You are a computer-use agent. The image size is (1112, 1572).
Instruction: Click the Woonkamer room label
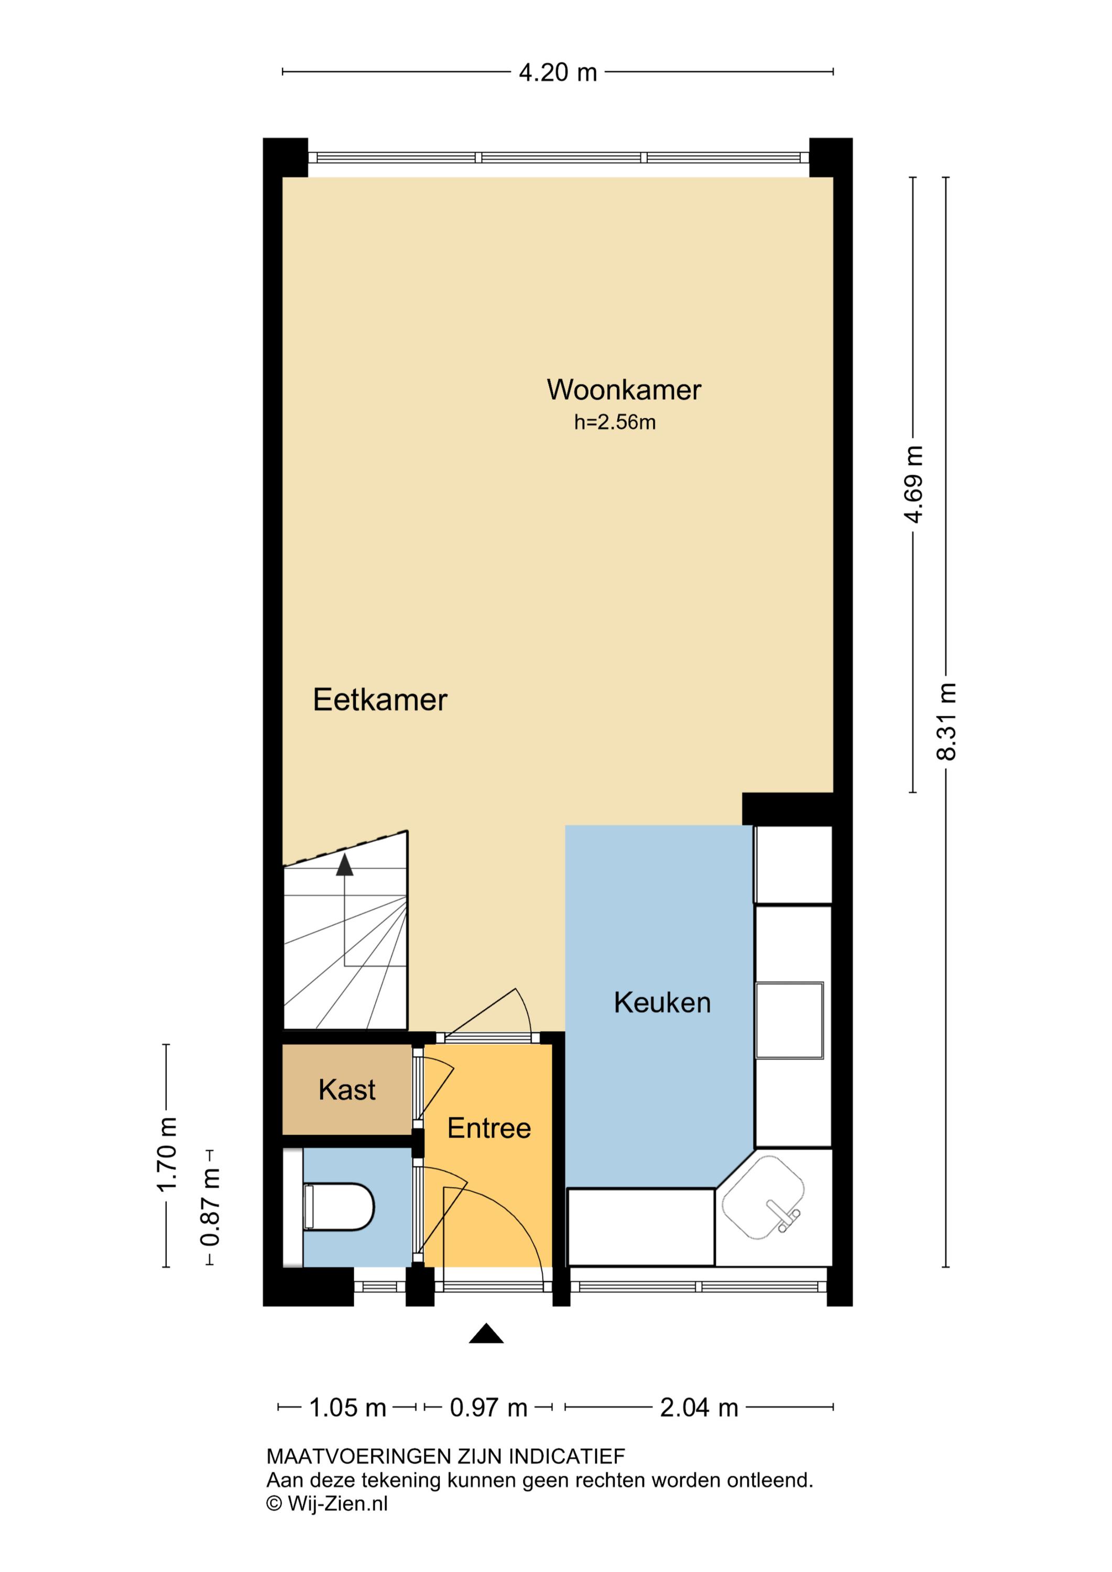[x=624, y=390]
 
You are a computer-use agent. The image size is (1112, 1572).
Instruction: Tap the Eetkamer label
[x=380, y=701]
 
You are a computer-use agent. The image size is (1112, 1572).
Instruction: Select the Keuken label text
[x=662, y=1003]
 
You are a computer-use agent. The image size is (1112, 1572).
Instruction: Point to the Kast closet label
[x=347, y=1090]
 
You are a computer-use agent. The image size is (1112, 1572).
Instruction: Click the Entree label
[x=489, y=1128]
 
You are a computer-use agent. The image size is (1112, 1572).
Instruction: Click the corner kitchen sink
[x=764, y=1199]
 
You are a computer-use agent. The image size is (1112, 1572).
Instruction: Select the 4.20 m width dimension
[x=558, y=72]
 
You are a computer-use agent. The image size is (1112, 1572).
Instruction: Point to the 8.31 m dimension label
[x=946, y=722]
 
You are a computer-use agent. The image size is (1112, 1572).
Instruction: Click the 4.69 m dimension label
[x=913, y=484]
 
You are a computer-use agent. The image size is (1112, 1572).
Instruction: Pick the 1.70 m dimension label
[x=167, y=1155]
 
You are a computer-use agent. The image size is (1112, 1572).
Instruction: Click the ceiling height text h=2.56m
[x=615, y=422]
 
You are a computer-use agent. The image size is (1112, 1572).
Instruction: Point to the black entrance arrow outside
[x=486, y=1333]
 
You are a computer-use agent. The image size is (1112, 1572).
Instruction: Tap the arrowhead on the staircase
[x=344, y=866]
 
